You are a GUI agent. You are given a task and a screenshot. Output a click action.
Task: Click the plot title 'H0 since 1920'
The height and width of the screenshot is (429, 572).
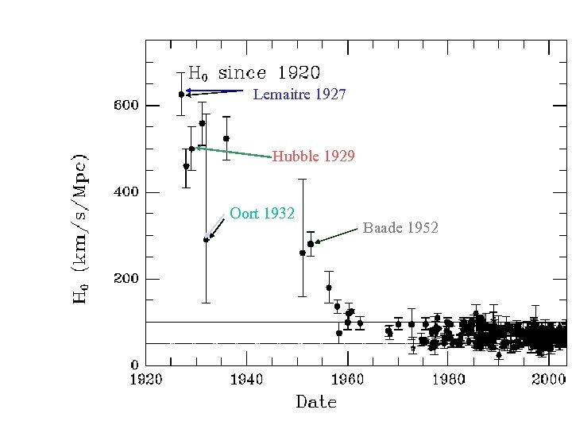[x=253, y=73]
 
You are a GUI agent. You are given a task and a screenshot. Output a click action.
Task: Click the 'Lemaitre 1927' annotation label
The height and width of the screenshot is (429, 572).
[x=299, y=95]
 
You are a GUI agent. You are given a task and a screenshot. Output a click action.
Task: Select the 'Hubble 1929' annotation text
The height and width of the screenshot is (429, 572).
[x=313, y=157]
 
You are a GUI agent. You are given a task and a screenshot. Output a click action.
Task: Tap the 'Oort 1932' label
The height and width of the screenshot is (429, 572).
[x=262, y=213]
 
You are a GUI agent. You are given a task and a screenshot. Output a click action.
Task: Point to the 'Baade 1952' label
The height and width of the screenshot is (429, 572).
[x=400, y=228]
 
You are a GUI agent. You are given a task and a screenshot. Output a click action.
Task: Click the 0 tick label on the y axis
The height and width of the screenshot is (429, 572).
[x=135, y=365]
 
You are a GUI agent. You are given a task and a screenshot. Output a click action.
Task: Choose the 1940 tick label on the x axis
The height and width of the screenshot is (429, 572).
[x=247, y=380]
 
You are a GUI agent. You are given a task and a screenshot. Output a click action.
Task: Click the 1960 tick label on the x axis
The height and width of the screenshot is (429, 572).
[x=348, y=380]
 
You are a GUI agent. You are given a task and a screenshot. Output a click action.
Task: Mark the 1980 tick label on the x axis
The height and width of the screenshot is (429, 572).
[x=449, y=380]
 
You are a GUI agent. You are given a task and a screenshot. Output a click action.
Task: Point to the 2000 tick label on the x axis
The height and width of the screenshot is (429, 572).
[x=549, y=380]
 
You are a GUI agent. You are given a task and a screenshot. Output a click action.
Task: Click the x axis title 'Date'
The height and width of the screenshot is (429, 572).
[x=316, y=402]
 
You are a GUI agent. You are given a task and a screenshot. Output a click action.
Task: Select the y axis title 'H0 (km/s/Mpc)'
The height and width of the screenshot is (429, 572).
[x=80, y=229]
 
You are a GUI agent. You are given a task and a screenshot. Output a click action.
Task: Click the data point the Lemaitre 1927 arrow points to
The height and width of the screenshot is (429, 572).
[x=181, y=94]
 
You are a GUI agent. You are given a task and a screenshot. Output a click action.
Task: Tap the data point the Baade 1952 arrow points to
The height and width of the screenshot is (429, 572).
[x=310, y=244]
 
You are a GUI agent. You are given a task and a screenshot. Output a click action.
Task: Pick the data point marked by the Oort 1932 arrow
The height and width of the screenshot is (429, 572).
[x=206, y=239]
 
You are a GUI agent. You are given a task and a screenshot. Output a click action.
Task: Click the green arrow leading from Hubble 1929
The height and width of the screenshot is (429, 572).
[x=234, y=153]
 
